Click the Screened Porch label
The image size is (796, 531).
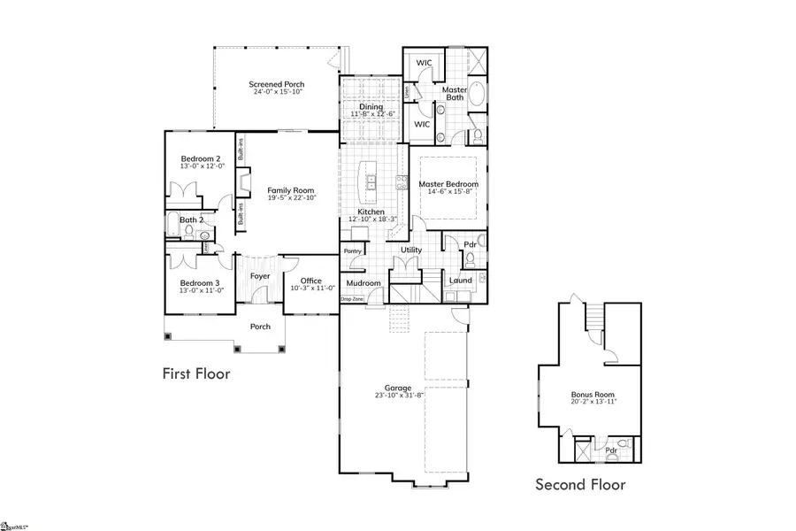[x=277, y=83]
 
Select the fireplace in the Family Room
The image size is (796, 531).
[x=240, y=182]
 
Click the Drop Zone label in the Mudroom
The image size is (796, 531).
[x=350, y=299]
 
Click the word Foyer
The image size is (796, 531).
[x=260, y=276]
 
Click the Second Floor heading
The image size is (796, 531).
[x=580, y=484]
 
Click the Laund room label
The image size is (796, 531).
[x=460, y=281]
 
